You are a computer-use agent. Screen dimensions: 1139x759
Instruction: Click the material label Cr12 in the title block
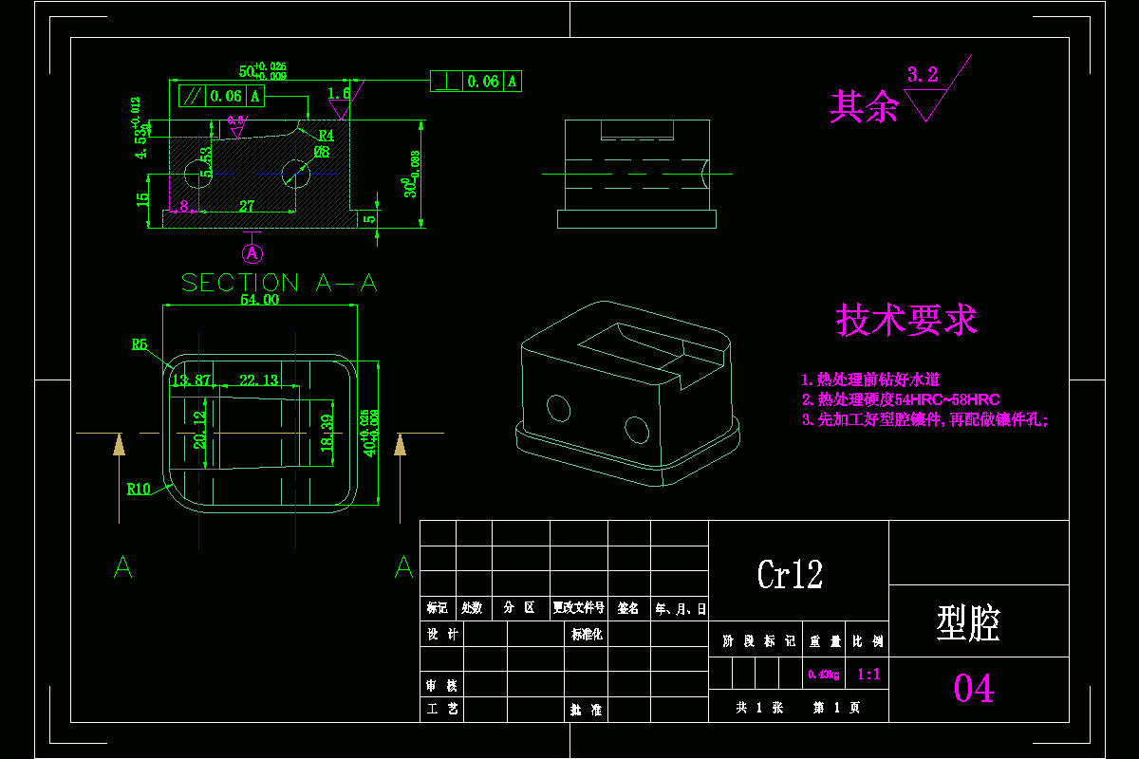click(x=790, y=574)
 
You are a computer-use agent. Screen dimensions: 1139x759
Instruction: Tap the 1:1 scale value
click(x=868, y=675)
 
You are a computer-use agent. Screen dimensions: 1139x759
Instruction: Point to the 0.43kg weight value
click(x=823, y=675)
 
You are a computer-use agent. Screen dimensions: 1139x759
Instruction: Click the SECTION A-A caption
click(x=279, y=283)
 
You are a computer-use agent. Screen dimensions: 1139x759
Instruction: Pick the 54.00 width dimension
click(x=259, y=300)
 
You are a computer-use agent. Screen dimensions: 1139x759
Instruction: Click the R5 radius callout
click(x=140, y=345)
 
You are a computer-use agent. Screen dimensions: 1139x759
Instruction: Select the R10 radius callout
click(x=139, y=490)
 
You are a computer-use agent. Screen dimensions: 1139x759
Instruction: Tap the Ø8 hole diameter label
click(x=321, y=152)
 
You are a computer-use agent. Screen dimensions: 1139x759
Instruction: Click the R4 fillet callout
click(x=326, y=136)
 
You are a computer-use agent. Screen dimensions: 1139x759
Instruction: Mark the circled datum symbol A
click(x=252, y=253)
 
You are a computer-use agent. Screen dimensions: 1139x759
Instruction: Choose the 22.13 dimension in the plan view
click(x=258, y=380)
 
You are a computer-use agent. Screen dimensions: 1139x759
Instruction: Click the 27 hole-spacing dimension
click(x=246, y=205)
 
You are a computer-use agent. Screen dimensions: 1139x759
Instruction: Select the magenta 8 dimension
click(x=183, y=205)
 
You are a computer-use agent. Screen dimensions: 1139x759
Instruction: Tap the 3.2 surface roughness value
click(x=923, y=75)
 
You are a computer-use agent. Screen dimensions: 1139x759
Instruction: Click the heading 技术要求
click(x=906, y=321)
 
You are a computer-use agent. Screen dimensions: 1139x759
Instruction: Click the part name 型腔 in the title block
click(x=968, y=622)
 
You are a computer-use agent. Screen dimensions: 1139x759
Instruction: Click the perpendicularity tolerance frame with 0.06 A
click(x=476, y=82)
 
